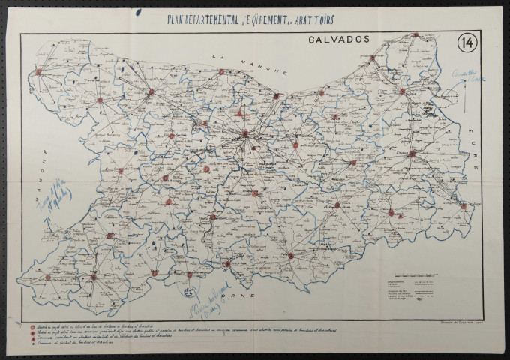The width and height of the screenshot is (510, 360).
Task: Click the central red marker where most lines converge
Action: (244, 134)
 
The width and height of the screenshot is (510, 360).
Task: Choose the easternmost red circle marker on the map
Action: (463, 206)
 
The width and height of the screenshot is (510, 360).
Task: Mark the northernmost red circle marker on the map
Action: (415, 35)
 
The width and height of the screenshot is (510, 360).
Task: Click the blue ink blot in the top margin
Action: (137, 11)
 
